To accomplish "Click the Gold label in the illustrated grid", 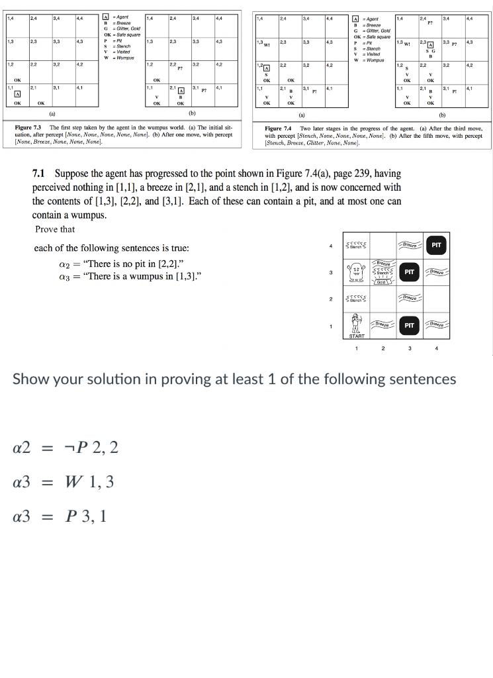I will point(384,282).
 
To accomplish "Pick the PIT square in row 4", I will point(435,246).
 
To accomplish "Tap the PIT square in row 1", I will point(410,325).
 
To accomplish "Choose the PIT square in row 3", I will point(410,271).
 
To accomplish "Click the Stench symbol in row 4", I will point(358,246).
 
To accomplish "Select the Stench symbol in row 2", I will point(358,299).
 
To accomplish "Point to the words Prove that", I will point(55,229).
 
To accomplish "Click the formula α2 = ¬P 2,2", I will point(66,448).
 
